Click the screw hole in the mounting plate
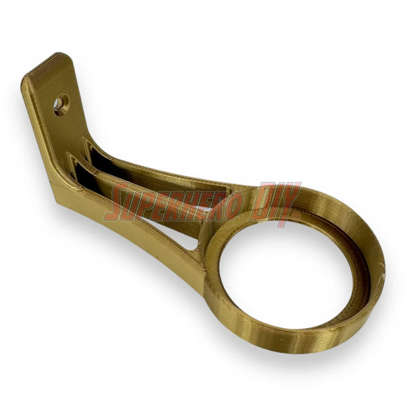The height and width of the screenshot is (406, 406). [x=61, y=105]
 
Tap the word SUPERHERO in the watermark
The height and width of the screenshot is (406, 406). [x=171, y=201]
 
